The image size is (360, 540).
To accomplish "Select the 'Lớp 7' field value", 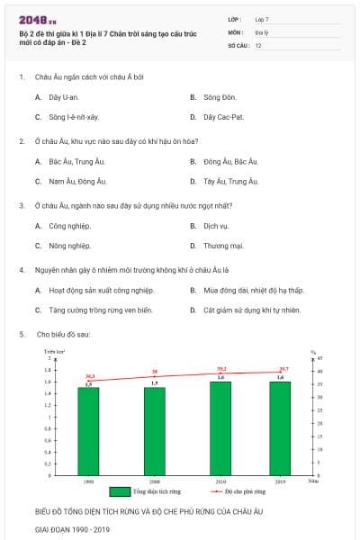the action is click(x=262, y=18).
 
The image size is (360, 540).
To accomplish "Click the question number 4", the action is click(x=21, y=270).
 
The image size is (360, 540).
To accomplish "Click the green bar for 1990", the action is click(x=88, y=430).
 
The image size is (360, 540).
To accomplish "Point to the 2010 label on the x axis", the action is click(x=220, y=481).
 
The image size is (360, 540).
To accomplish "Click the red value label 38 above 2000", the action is click(x=155, y=372).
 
